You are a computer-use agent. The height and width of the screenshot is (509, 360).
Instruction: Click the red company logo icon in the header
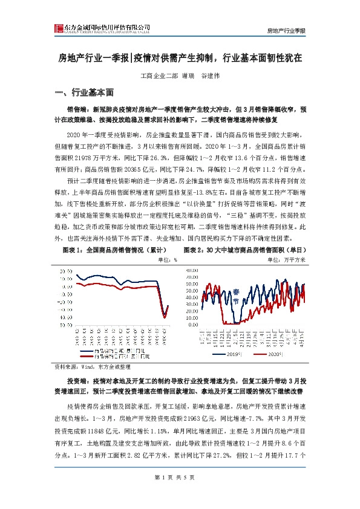pos(59,28)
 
